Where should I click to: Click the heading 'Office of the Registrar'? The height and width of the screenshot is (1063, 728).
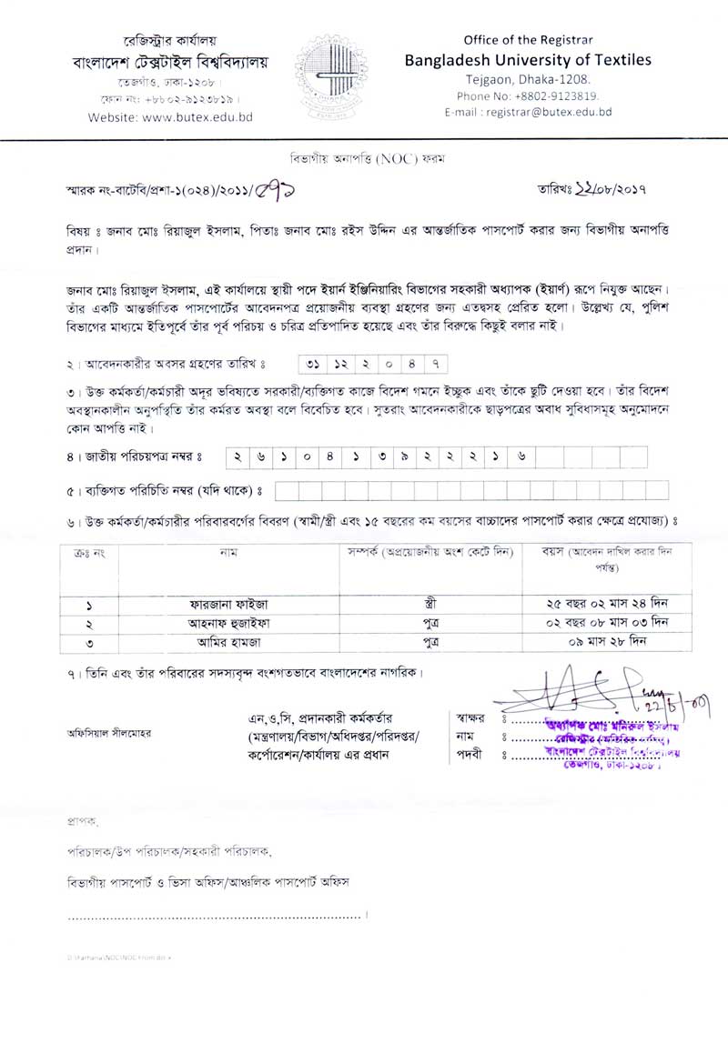[x=527, y=41]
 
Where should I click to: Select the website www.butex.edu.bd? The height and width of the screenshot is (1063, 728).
[x=170, y=117]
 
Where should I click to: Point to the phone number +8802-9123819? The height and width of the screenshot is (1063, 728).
[x=527, y=95]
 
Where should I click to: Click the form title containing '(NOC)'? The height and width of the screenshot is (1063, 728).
[x=363, y=157]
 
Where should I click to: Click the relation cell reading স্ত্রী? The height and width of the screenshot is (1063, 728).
[x=430, y=604]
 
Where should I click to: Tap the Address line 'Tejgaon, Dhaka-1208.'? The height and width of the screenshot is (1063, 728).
[x=527, y=79]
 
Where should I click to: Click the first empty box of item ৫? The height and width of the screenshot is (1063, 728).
[x=283, y=491]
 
